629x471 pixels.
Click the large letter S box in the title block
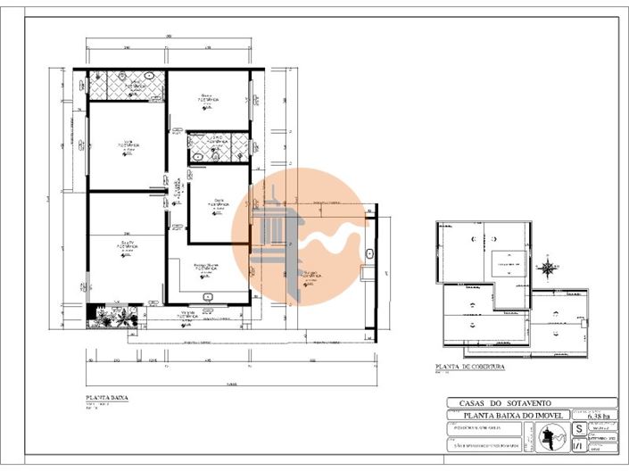[x=578, y=428]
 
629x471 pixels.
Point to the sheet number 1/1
[x=578, y=443]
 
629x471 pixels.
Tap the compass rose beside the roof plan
[x=547, y=266]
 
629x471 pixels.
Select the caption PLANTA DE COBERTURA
[x=470, y=367]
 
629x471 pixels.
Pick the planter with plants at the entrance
[x=111, y=315]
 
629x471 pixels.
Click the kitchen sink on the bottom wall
[x=207, y=296]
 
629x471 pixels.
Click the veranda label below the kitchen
[x=187, y=313]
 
